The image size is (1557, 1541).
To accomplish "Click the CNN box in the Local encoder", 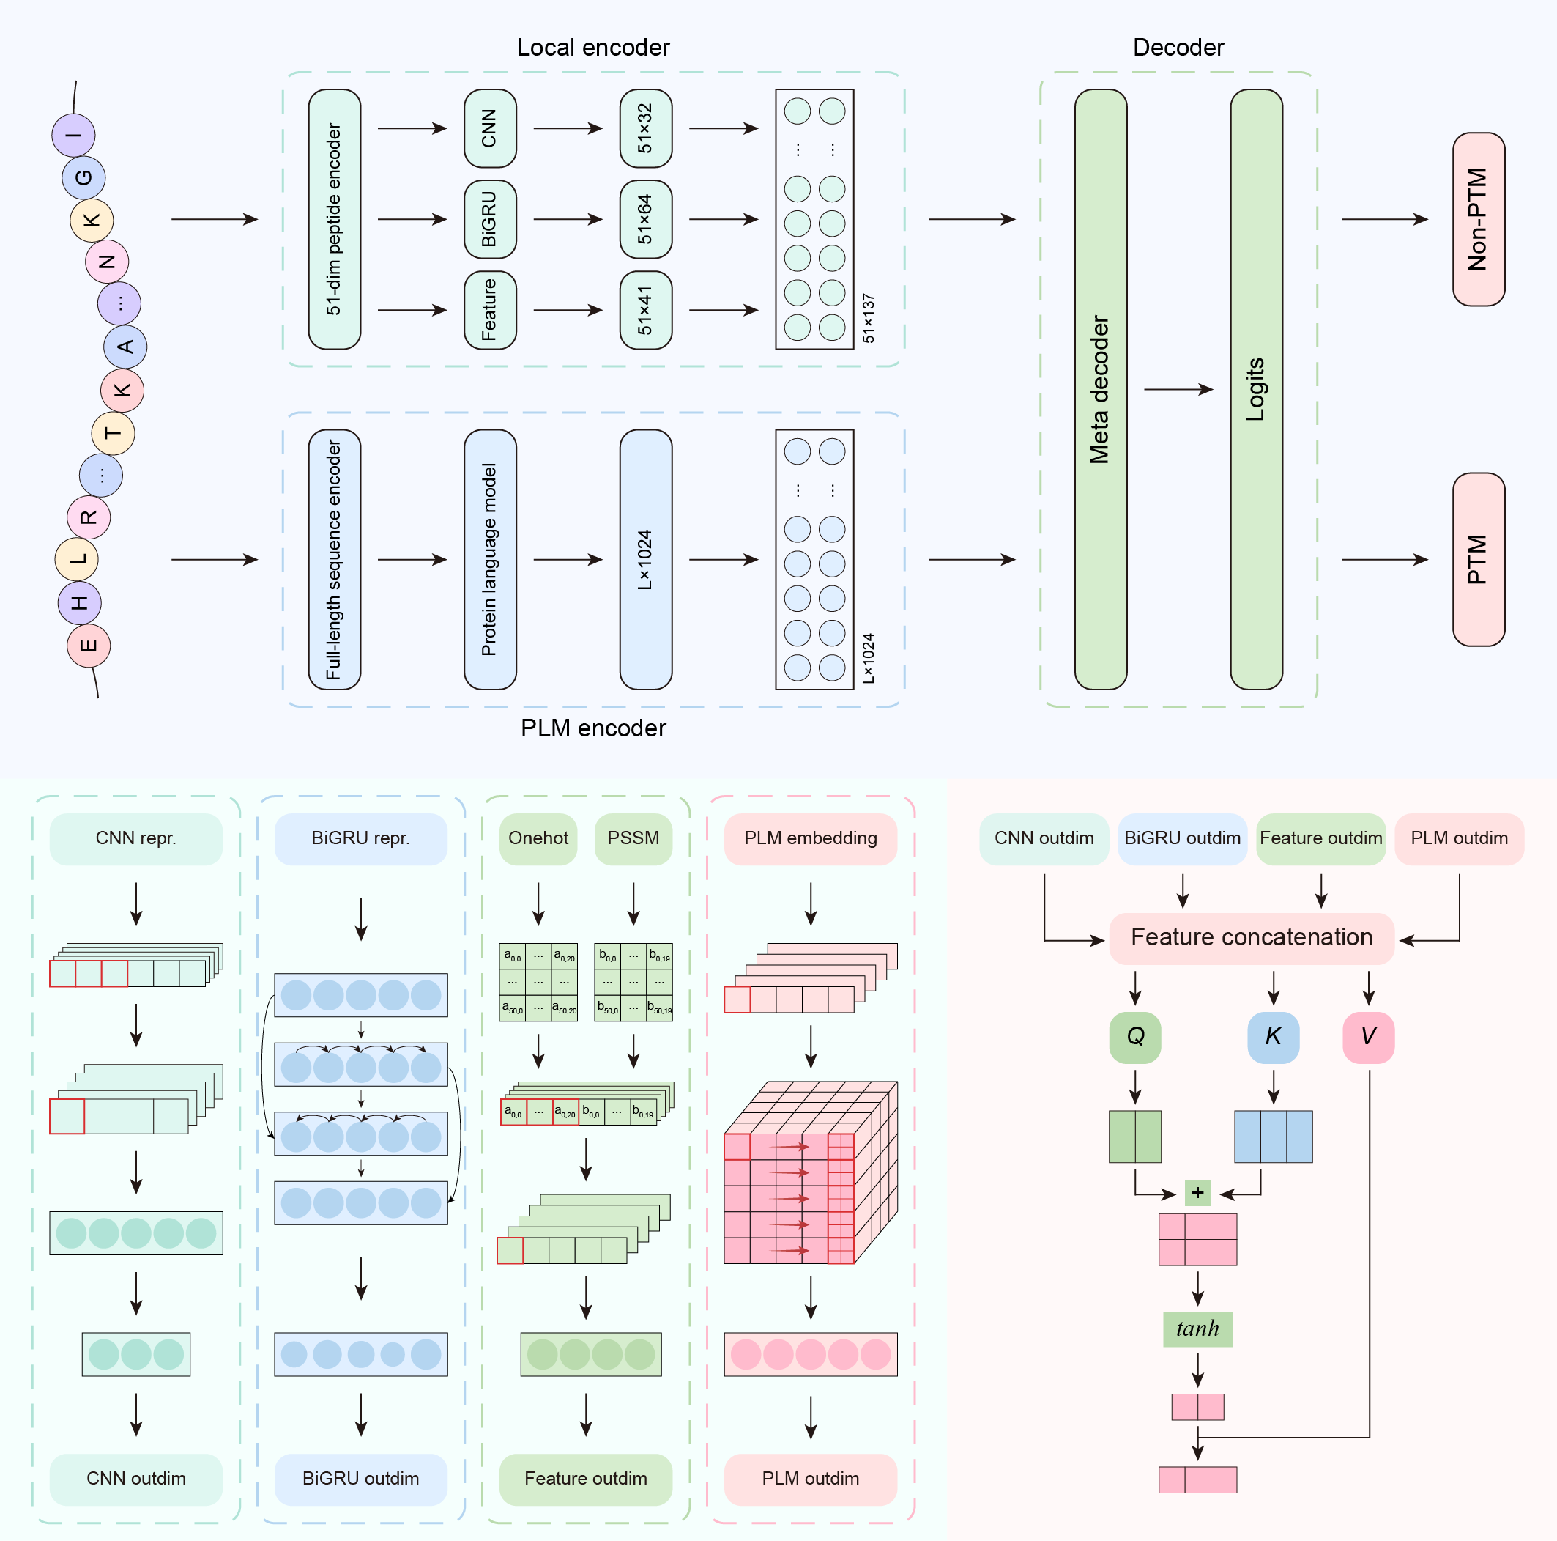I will point(490,128).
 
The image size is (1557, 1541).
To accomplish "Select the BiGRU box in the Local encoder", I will point(490,218).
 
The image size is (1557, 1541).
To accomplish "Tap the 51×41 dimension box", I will point(645,310).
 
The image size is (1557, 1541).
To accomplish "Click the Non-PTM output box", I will point(1478,218).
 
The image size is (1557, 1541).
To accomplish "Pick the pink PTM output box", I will point(1478,559).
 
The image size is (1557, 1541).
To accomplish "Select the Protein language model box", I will point(490,559).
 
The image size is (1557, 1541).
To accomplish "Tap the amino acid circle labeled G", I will point(83,177).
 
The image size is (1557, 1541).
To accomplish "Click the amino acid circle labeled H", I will point(79,602).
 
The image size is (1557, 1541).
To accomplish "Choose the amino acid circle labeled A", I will point(125,347).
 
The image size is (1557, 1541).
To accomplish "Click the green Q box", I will point(1134,1037).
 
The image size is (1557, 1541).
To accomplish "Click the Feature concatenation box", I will point(1251,938).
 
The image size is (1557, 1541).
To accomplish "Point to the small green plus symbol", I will point(1197,1191).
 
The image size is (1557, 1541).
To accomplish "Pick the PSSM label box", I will point(633,838).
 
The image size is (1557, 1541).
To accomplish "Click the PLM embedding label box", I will point(810,838).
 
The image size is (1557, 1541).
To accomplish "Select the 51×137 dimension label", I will point(868,318).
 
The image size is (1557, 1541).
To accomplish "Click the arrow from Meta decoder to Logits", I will point(1178,390).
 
